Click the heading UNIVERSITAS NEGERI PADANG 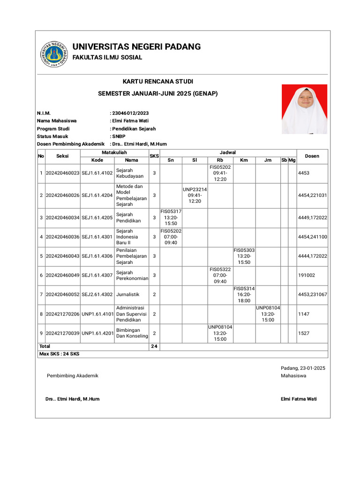click(x=136, y=46)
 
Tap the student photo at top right click(x=304, y=109)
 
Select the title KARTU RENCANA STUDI click(x=157, y=82)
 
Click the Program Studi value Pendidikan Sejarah click(x=134, y=128)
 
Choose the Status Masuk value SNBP click(x=120, y=136)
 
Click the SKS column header click(x=154, y=156)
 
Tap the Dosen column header click(x=312, y=156)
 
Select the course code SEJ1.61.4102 click(x=97, y=173)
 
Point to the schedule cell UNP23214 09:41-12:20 click(x=195, y=195)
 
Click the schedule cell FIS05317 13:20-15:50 click(x=171, y=217)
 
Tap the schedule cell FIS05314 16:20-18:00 click(x=244, y=294)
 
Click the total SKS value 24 click(x=154, y=346)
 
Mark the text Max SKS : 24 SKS click(x=59, y=354)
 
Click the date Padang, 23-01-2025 click(x=303, y=368)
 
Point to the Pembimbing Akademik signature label click(x=73, y=376)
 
